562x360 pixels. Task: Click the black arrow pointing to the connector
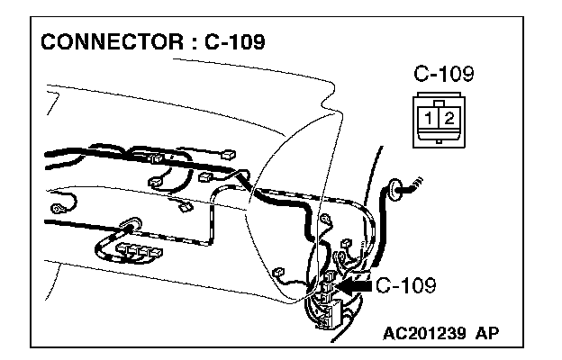pos(355,287)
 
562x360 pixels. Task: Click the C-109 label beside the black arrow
pos(406,286)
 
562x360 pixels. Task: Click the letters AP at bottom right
pos(487,333)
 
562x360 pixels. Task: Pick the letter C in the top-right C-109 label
pos(419,74)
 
